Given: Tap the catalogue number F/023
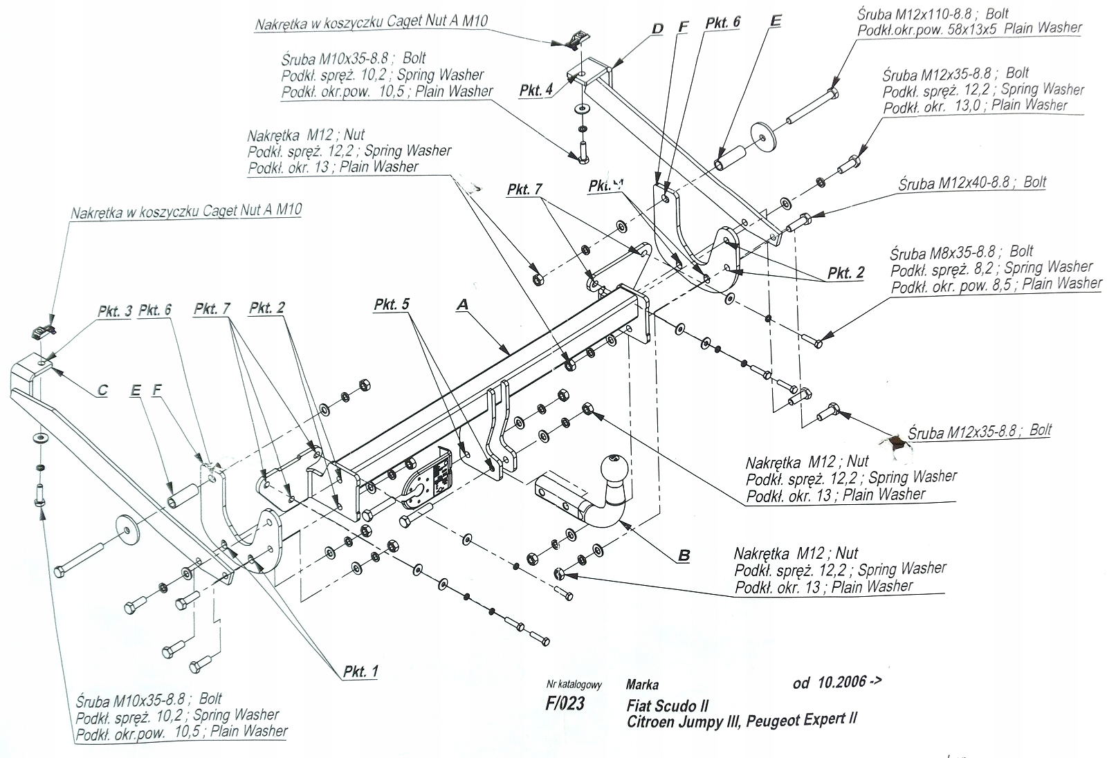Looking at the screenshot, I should (565, 704).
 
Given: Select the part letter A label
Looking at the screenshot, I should (462, 304).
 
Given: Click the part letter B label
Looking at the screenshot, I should (684, 555).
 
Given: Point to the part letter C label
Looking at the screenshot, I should (102, 390).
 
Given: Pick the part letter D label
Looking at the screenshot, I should (657, 28).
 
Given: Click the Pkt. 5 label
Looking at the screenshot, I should (392, 304).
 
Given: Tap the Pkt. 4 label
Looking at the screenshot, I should (536, 91).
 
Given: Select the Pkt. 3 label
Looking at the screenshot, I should (114, 311).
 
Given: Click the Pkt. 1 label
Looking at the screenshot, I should (360, 671).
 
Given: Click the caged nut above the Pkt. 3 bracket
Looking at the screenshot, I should (42, 331).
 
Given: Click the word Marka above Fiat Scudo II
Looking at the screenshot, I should (642, 685).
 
